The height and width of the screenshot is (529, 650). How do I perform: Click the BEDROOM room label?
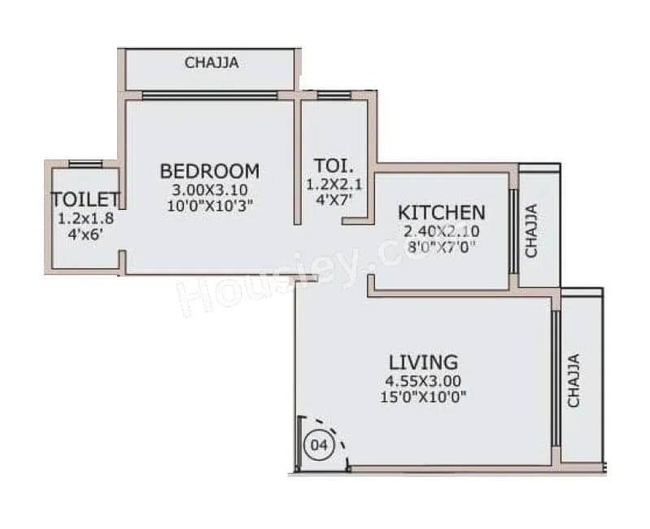click(x=210, y=171)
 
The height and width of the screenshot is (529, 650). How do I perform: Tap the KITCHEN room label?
click(x=441, y=212)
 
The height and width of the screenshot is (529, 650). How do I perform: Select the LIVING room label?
click(x=422, y=361)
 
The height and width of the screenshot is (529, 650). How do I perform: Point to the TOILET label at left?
click(x=85, y=199)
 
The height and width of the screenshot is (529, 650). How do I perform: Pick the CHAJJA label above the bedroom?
click(x=212, y=63)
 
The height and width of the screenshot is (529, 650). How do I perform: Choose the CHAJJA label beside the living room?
click(x=574, y=379)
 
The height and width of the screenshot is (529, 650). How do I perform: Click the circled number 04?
click(x=319, y=444)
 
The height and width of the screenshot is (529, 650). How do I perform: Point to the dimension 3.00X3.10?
click(x=210, y=190)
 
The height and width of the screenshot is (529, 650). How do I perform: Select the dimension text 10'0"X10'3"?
click(x=210, y=205)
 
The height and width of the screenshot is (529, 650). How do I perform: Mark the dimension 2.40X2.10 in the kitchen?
click(x=442, y=231)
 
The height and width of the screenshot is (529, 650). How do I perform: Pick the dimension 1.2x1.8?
click(x=85, y=219)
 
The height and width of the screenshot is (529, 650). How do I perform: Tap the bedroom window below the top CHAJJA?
click(x=210, y=95)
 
